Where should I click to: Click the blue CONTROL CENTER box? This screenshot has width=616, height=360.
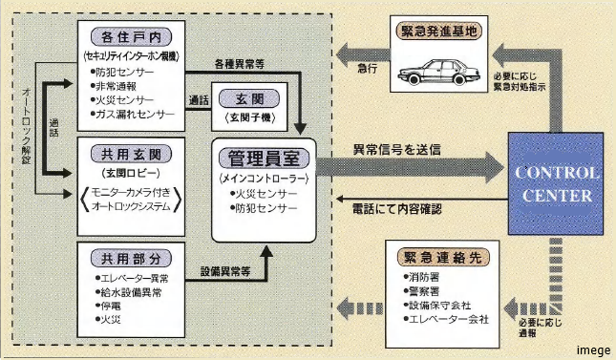pos(555,184)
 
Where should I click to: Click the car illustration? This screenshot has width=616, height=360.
pos(439,74)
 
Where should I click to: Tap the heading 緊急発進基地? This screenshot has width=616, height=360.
pos(441,31)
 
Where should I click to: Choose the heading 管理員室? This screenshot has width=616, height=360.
pos(262,156)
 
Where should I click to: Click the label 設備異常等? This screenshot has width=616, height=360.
pos(225,270)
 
